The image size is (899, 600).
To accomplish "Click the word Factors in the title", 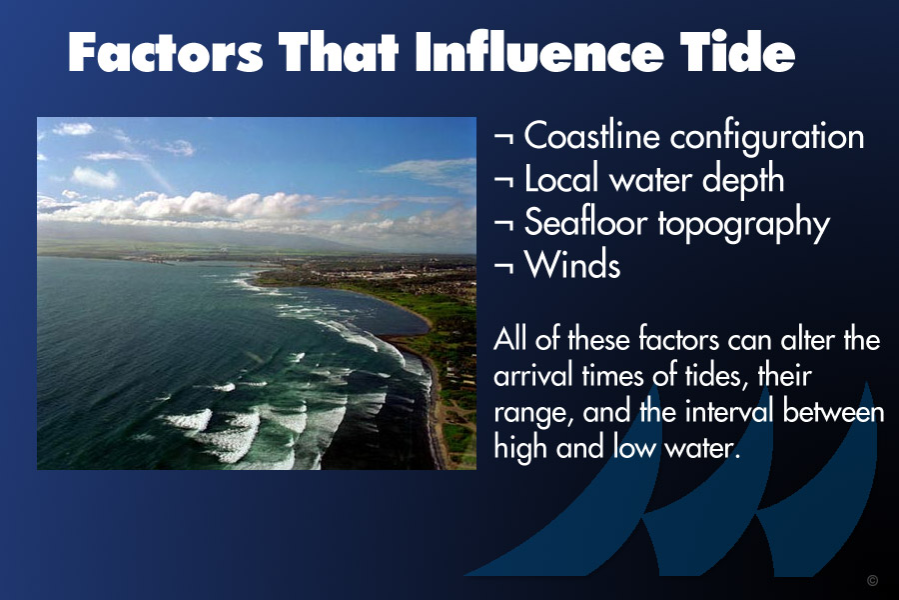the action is pyautogui.click(x=166, y=52).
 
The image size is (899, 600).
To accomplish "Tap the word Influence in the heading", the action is pyautogui.click(x=539, y=52).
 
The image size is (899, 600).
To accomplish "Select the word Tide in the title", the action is pyautogui.click(x=737, y=52).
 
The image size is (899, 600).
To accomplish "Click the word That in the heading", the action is pyautogui.click(x=339, y=52).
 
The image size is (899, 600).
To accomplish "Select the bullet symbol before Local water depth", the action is pyautogui.click(x=503, y=181).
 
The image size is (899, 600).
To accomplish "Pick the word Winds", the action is pyautogui.click(x=572, y=265).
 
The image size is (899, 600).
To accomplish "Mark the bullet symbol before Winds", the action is pyautogui.click(x=503, y=267).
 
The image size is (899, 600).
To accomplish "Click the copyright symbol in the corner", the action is pyautogui.click(x=873, y=580).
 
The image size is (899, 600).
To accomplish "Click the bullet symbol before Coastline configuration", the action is pyautogui.click(x=503, y=138).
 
